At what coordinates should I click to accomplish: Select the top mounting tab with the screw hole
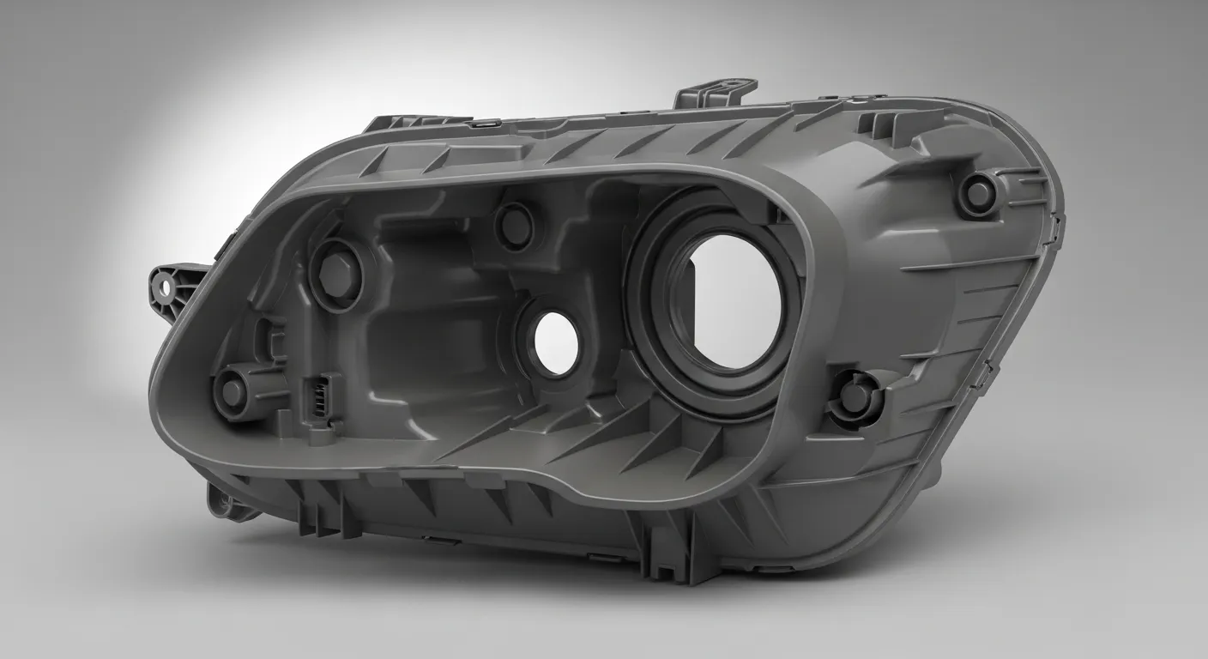pyautogui.click(x=717, y=93)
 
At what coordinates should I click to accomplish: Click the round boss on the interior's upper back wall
pyautogui.click(x=516, y=223)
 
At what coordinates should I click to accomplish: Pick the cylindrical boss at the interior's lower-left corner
pyautogui.click(x=233, y=390)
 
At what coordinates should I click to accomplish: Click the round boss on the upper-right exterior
pyautogui.click(x=978, y=192)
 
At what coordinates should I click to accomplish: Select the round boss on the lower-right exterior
pyautogui.click(x=855, y=394)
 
